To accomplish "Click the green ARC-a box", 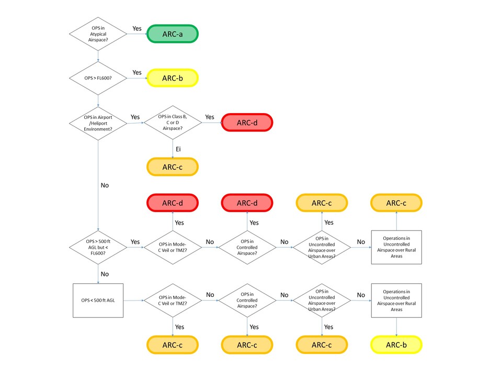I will coord(173,35).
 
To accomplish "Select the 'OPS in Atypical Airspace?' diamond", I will coord(98,35).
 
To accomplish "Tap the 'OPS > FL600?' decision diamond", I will coord(98,79).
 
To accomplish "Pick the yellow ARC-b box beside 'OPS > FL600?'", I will coord(173,79).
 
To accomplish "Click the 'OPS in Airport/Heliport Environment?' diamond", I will coord(98,124).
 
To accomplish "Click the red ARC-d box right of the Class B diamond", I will coord(247,123).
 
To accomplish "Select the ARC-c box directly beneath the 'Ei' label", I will coord(173,167).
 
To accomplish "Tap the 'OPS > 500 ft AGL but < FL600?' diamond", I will coord(98,246).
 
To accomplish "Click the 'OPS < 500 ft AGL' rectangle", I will coord(98,301).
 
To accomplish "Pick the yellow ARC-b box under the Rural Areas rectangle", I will coord(396,345).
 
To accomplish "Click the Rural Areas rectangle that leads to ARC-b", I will coord(396,301).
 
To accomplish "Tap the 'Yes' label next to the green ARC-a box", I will coord(137,28).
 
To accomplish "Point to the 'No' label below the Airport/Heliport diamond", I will coord(105,185).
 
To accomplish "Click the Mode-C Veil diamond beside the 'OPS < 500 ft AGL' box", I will coord(173,301).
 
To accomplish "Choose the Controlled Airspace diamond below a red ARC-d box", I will coord(247,246).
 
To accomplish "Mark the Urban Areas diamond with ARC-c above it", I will coord(322,246).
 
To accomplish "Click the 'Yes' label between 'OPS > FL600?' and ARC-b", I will coord(137,72).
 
